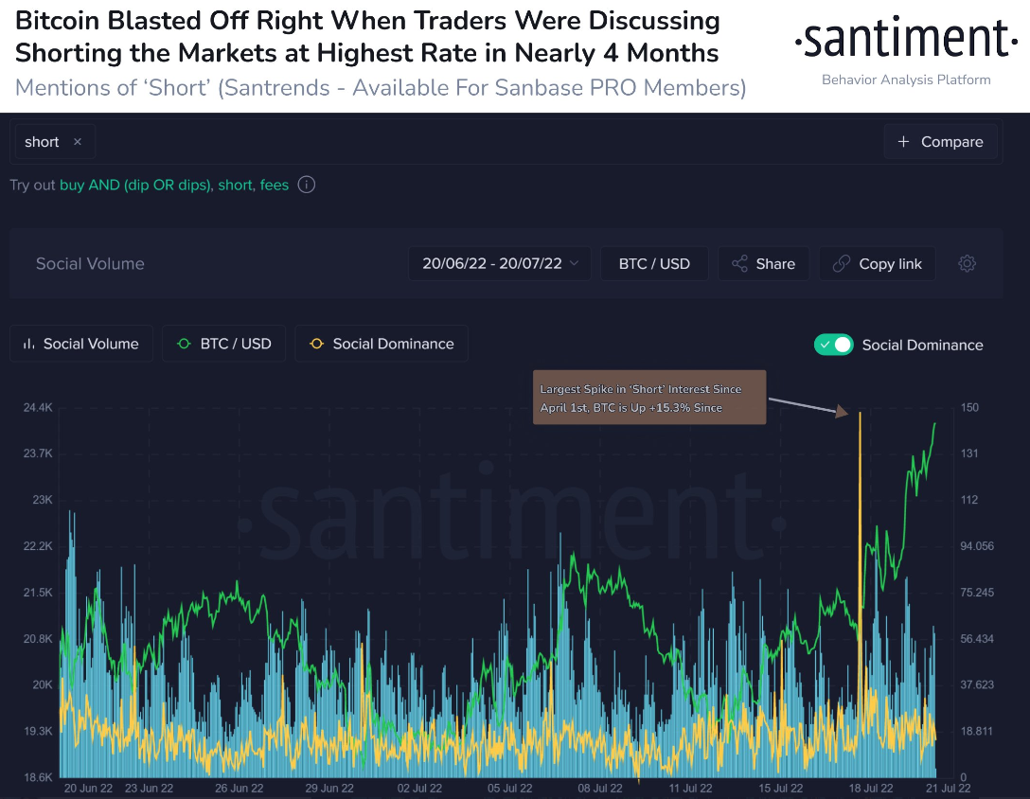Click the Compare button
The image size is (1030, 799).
(x=940, y=142)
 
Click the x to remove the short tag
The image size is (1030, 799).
(x=78, y=142)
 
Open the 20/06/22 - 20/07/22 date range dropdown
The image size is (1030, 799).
(x=500, y=264)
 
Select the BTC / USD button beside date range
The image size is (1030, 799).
(x=654, y=264)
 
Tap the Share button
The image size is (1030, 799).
(x=763, y=264)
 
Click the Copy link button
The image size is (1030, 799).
(x=878, y=264)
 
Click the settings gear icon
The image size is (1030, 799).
(x=967, y=264)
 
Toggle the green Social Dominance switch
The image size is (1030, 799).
(x=834, y=345)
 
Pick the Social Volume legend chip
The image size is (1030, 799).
(x=80, y=344)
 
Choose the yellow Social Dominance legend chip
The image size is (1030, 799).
(x=382, y=344)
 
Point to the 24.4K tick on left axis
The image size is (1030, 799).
(x=37, y=408)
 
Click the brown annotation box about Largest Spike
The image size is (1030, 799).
(x=648, y=398)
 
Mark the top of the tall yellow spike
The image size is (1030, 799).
(x=860, y=414)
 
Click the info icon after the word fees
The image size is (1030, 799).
(x=307, y=186)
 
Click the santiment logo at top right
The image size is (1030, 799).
(x=906, y=40)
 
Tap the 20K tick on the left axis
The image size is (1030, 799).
(x=43, y=685)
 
